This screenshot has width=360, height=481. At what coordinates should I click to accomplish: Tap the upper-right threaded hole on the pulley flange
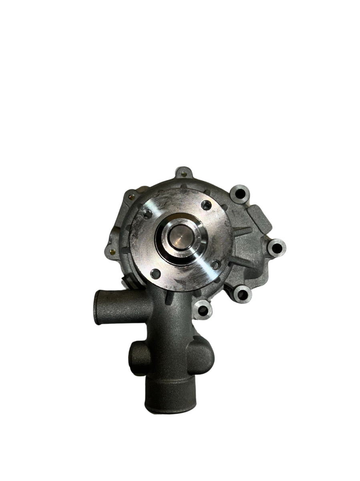(x=207, y=205)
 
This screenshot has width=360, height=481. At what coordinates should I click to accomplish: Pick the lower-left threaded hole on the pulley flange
(x=156, y=274)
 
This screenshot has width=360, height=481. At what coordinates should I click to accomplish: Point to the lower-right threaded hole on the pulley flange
(x=215, y=265)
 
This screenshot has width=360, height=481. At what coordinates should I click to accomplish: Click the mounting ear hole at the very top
(x=184, y=174)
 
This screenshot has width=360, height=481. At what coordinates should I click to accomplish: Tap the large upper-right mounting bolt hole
(x=240, y=194)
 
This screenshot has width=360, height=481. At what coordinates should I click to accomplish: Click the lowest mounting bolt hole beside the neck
(x=203, y=309)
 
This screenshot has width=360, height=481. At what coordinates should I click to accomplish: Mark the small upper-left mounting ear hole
(x=131, y=196)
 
